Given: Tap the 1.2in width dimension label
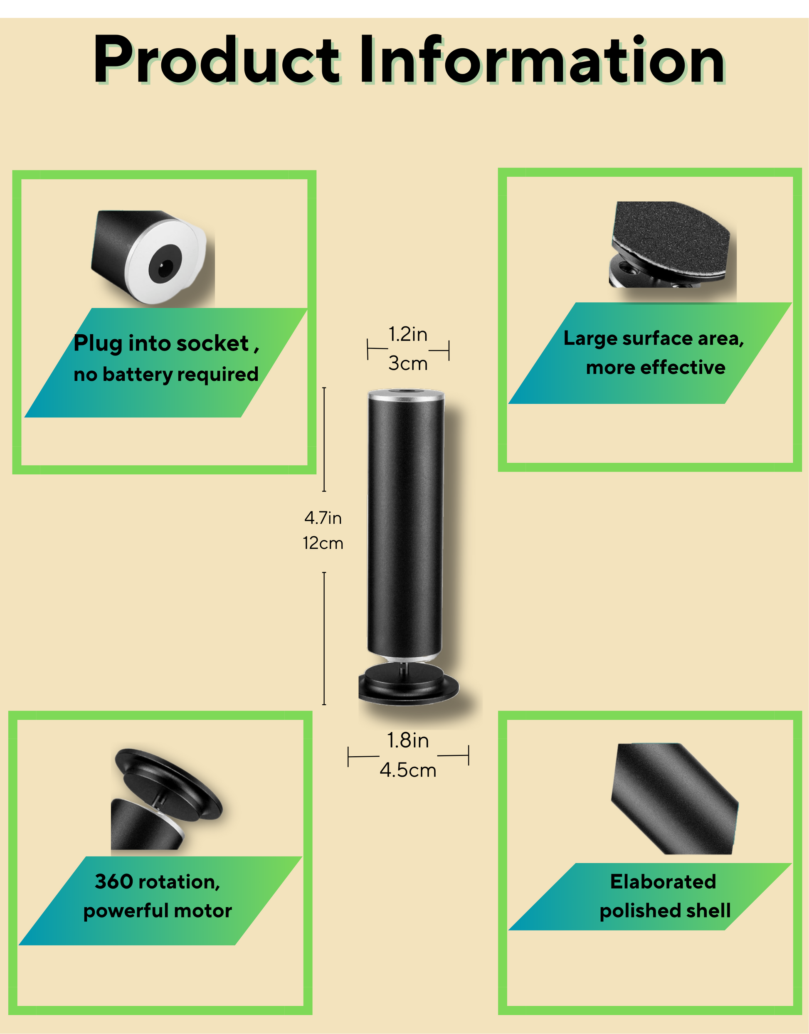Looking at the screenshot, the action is [408, 334].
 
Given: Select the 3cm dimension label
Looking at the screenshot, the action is [408, 363].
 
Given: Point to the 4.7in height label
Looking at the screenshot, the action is [323, 518].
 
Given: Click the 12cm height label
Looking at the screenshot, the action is [323, 543].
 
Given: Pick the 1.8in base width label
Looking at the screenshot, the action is [408, 740].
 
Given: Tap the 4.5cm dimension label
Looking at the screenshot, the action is [408, 770].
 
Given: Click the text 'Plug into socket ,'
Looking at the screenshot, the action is [166, 344].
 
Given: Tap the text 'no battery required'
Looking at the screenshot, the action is [166, 375].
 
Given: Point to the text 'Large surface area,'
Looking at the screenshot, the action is [654, 339].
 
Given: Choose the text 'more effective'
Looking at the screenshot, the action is [656, 368].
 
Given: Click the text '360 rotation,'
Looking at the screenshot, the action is [158, 882].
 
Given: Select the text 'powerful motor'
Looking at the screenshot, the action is [158, 911].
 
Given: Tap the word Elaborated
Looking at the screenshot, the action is [663, 882].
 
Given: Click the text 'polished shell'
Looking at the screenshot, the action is [665, 911].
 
